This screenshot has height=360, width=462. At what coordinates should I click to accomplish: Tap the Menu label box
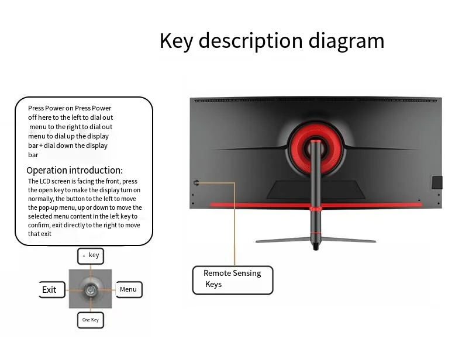click(128, 289)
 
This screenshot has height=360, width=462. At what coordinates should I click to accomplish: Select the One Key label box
click(91, 320)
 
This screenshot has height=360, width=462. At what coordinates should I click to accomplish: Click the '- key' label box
click(91, 255)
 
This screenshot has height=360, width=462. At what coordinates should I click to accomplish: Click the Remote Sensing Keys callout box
click(233, 279)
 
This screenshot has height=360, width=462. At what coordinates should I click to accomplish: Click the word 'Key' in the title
click(176, 41)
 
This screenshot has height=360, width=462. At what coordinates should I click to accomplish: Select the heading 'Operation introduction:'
click(74, 171)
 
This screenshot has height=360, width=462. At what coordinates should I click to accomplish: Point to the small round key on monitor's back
click(196, 182)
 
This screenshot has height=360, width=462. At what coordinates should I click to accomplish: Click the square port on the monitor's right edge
click(436, 182)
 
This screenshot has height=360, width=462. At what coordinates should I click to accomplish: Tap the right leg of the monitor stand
click(351, 239)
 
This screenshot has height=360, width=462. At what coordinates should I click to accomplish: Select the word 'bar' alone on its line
click(33, 155)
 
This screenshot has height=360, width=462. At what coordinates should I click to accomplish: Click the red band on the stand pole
click(316, 209)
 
